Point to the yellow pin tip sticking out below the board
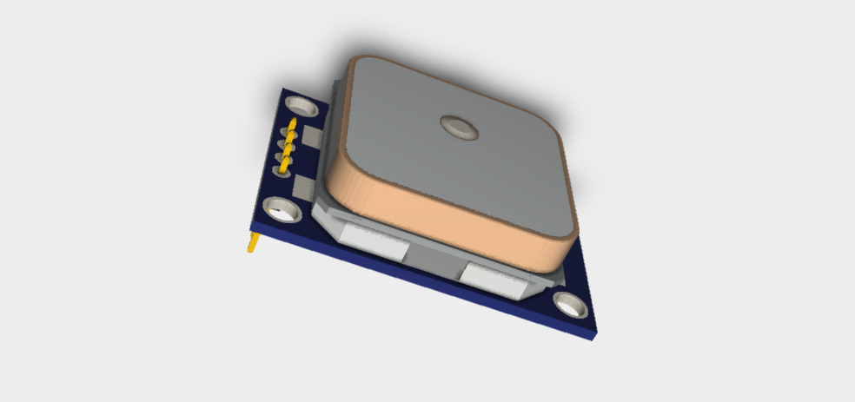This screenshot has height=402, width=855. [252, 242]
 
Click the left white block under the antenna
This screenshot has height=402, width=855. [373, 242]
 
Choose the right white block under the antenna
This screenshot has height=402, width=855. [495, 282]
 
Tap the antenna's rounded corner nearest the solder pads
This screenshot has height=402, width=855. [335, 178]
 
